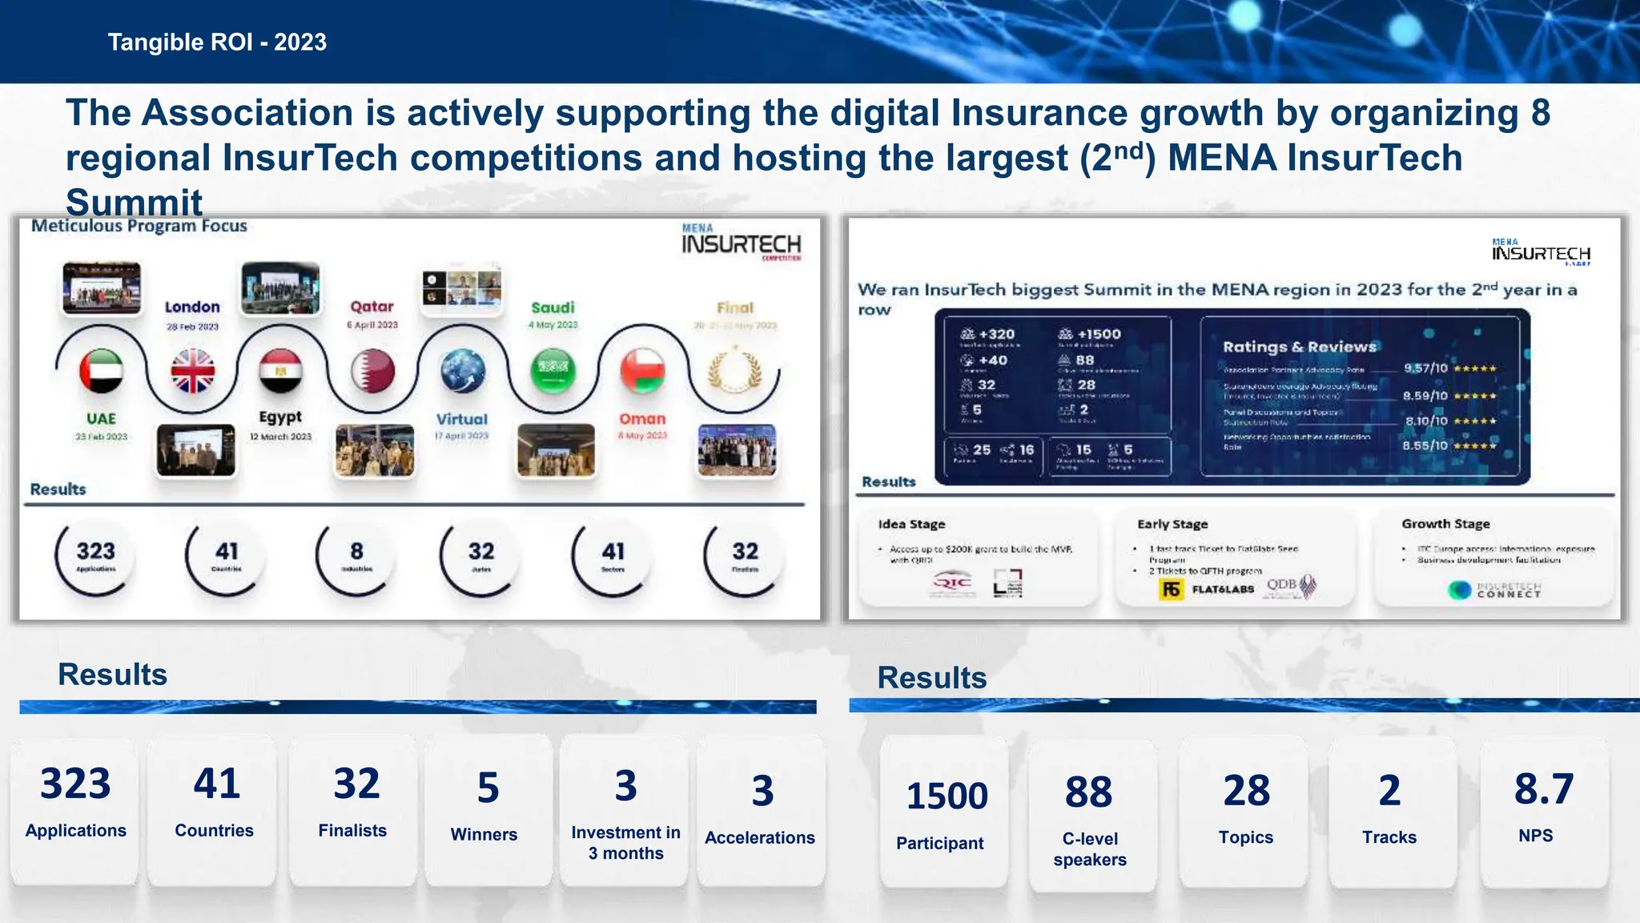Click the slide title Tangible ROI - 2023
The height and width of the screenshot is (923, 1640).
(x=217, y=42)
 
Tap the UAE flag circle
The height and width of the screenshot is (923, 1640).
(x=102, y=371)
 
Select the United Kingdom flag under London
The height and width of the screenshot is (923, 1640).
(x=193, y=371)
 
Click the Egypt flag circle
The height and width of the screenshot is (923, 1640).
(x=281, y=371)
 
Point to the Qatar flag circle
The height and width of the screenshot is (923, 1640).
(x=372, y=371)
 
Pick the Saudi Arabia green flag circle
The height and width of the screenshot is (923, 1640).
(x=553, y=371)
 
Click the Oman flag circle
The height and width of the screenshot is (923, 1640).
(x=643, y=371)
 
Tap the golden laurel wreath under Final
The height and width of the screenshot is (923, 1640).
(x=734, y=371)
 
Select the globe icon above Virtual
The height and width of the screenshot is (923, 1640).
(x=463, y=371)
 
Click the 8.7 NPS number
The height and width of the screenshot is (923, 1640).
(x=1544, y=789)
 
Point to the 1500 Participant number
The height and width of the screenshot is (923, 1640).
(x=947, y=796)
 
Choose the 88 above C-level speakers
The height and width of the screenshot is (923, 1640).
(x=1088, y=792)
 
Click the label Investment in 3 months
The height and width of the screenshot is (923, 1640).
(x=625, y=843)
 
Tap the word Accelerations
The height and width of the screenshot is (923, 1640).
(x=759, y=838)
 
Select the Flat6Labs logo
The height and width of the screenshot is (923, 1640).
(x=1208, y=590)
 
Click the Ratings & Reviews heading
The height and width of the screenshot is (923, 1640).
(x=1299, y=347)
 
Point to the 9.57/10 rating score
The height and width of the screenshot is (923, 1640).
(x=1425, y=369)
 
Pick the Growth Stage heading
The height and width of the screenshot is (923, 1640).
(x=1445, y=524)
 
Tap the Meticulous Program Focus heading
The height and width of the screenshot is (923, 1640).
(x=139, y=226)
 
